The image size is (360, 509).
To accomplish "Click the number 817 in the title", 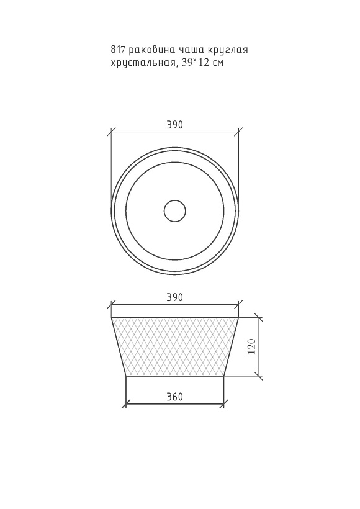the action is click(x=118, y=50).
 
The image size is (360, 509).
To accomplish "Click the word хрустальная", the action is click(x=144, y=63).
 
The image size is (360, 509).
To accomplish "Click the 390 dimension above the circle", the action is click(x=174, y=125).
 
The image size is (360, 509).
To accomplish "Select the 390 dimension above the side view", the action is click(x=174, y=297).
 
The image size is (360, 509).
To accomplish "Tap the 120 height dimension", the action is click(x=253, y=346).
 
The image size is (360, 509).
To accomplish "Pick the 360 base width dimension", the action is click(x=174, y=397).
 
